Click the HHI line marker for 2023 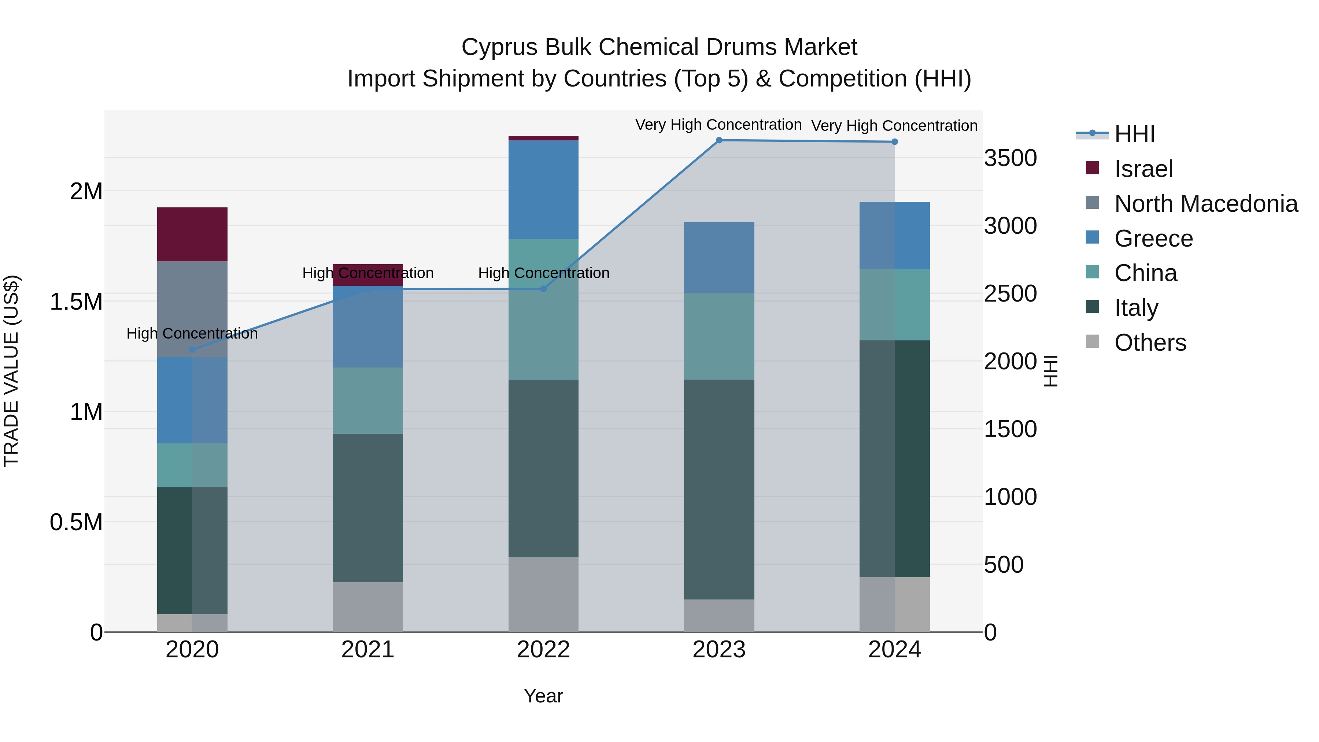(719, 140)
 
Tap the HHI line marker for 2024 (894, 142)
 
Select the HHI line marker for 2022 (544, 289)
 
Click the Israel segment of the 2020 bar (192, 234)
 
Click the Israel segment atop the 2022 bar (543, 138)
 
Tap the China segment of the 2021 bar (367, 400)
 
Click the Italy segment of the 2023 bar (719, 489)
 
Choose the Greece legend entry (1153, 239)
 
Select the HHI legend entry (1134, 134)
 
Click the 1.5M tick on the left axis (76, 302)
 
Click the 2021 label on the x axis (367, 650)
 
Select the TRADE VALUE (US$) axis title (11, 371)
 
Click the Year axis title (543, 696)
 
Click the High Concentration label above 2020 (192, 333)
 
